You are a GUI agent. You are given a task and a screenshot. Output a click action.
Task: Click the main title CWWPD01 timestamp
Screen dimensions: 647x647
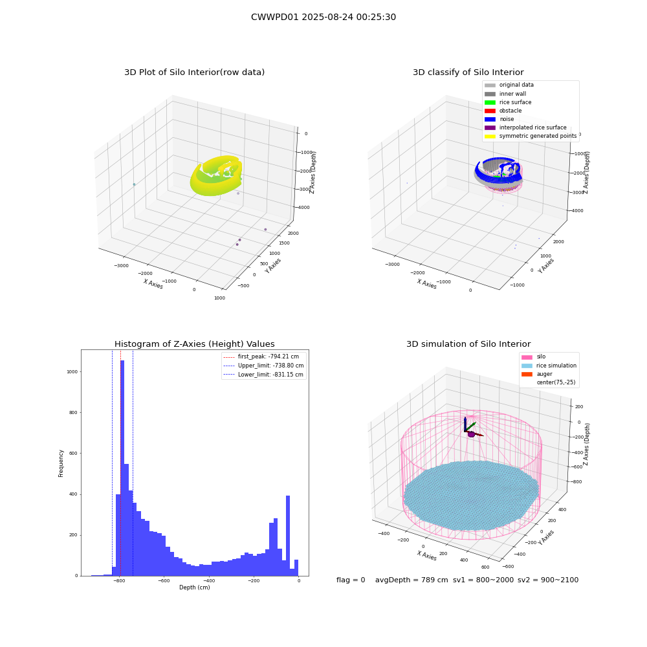click(x=323, y=17)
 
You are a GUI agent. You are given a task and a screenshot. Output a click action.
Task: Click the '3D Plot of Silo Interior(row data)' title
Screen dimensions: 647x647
click(x=194, y=72)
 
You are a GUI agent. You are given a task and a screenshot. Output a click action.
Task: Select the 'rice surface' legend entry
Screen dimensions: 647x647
click(x=508, y=102)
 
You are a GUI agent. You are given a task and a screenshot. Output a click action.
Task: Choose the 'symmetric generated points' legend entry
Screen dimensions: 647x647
click(x=531, y=136)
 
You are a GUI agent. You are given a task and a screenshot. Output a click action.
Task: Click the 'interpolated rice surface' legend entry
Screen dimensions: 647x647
click(x=525, y=127)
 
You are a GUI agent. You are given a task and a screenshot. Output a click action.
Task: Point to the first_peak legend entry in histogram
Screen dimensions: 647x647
click(x=261, y=356)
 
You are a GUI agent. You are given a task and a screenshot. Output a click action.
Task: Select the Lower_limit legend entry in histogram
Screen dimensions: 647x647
click(x=263, y=375)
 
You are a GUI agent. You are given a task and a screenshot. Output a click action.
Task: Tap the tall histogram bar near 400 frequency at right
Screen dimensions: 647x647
click(x=288, y=536)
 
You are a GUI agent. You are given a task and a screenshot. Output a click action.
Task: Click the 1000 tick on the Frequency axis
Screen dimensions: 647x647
click(x=72, y=372)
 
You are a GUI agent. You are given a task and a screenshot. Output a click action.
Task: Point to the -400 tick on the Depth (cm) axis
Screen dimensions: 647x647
click(x=209, y=580)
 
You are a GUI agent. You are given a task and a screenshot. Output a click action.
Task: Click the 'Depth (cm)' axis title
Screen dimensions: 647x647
click(x=194, y=587)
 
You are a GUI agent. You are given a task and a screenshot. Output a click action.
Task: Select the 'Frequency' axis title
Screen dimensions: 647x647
click(x=61, y=463)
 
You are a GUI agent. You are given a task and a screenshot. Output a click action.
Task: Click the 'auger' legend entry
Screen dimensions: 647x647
click(x=537, y=374)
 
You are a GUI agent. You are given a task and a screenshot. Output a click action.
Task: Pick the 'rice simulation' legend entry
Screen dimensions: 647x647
click(x=549, y=366)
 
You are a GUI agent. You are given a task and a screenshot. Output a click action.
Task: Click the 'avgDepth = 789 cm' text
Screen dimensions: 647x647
click(x=411, y=580)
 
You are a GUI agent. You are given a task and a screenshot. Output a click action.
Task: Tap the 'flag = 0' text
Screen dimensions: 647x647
click(x=351, y=580)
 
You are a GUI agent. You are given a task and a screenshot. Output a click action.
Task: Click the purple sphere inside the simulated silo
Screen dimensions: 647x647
click(x=471, y=434)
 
